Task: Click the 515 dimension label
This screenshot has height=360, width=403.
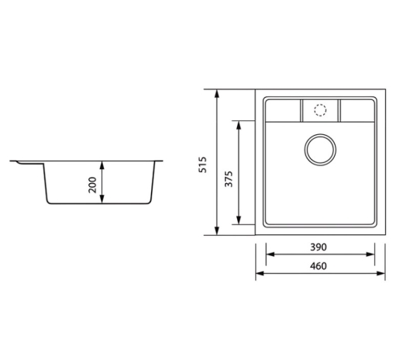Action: pyautogui.click(x=202, y=164)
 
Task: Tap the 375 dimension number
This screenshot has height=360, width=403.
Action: pyautogui.click(x=229, y=178)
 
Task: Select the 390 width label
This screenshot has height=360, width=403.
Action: pyautogui.click(x=319, y=247)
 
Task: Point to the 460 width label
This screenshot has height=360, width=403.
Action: pyautogui.click(x=319, y=266)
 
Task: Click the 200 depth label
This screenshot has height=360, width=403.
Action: pyautogui.click(x=92, y=185)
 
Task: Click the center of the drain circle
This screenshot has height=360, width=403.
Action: pyautogui.click(x=320, y=150)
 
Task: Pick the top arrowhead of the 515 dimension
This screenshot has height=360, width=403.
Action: pyautogui.click(x=217, y=94)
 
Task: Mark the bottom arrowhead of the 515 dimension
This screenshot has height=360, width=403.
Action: pyautogui.click(x=217, y=231)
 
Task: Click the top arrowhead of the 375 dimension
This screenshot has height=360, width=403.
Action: pyautogui.click(x=239, y=125)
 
